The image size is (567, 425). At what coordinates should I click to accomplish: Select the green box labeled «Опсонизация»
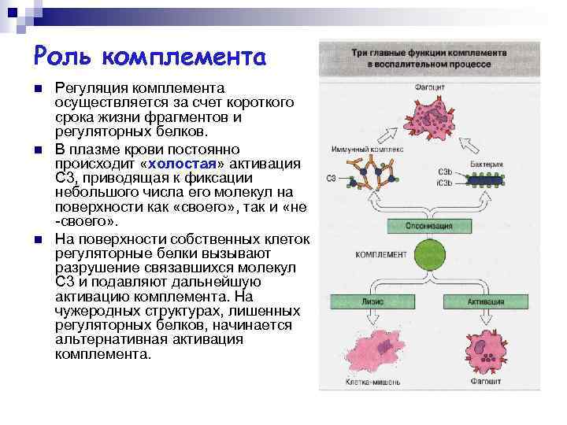coord(430,226)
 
